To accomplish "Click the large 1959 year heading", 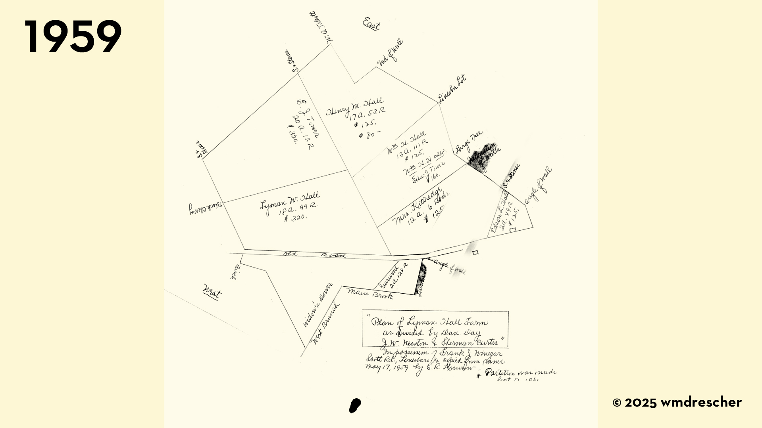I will tap(73, 36).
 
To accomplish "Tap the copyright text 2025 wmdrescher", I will tap(677, 403).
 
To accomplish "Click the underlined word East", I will tap(371, 24).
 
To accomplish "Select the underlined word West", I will tap(212, 292).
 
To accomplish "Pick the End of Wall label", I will tap(390, 52).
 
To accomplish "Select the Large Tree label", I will tap(468, 142).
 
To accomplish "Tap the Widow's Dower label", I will tap(317, 305).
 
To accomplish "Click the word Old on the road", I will tap(290, 254).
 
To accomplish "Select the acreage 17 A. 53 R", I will tap(367, 113).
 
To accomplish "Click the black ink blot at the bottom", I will tap(355, 405).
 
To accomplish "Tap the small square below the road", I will tap(475, 252).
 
